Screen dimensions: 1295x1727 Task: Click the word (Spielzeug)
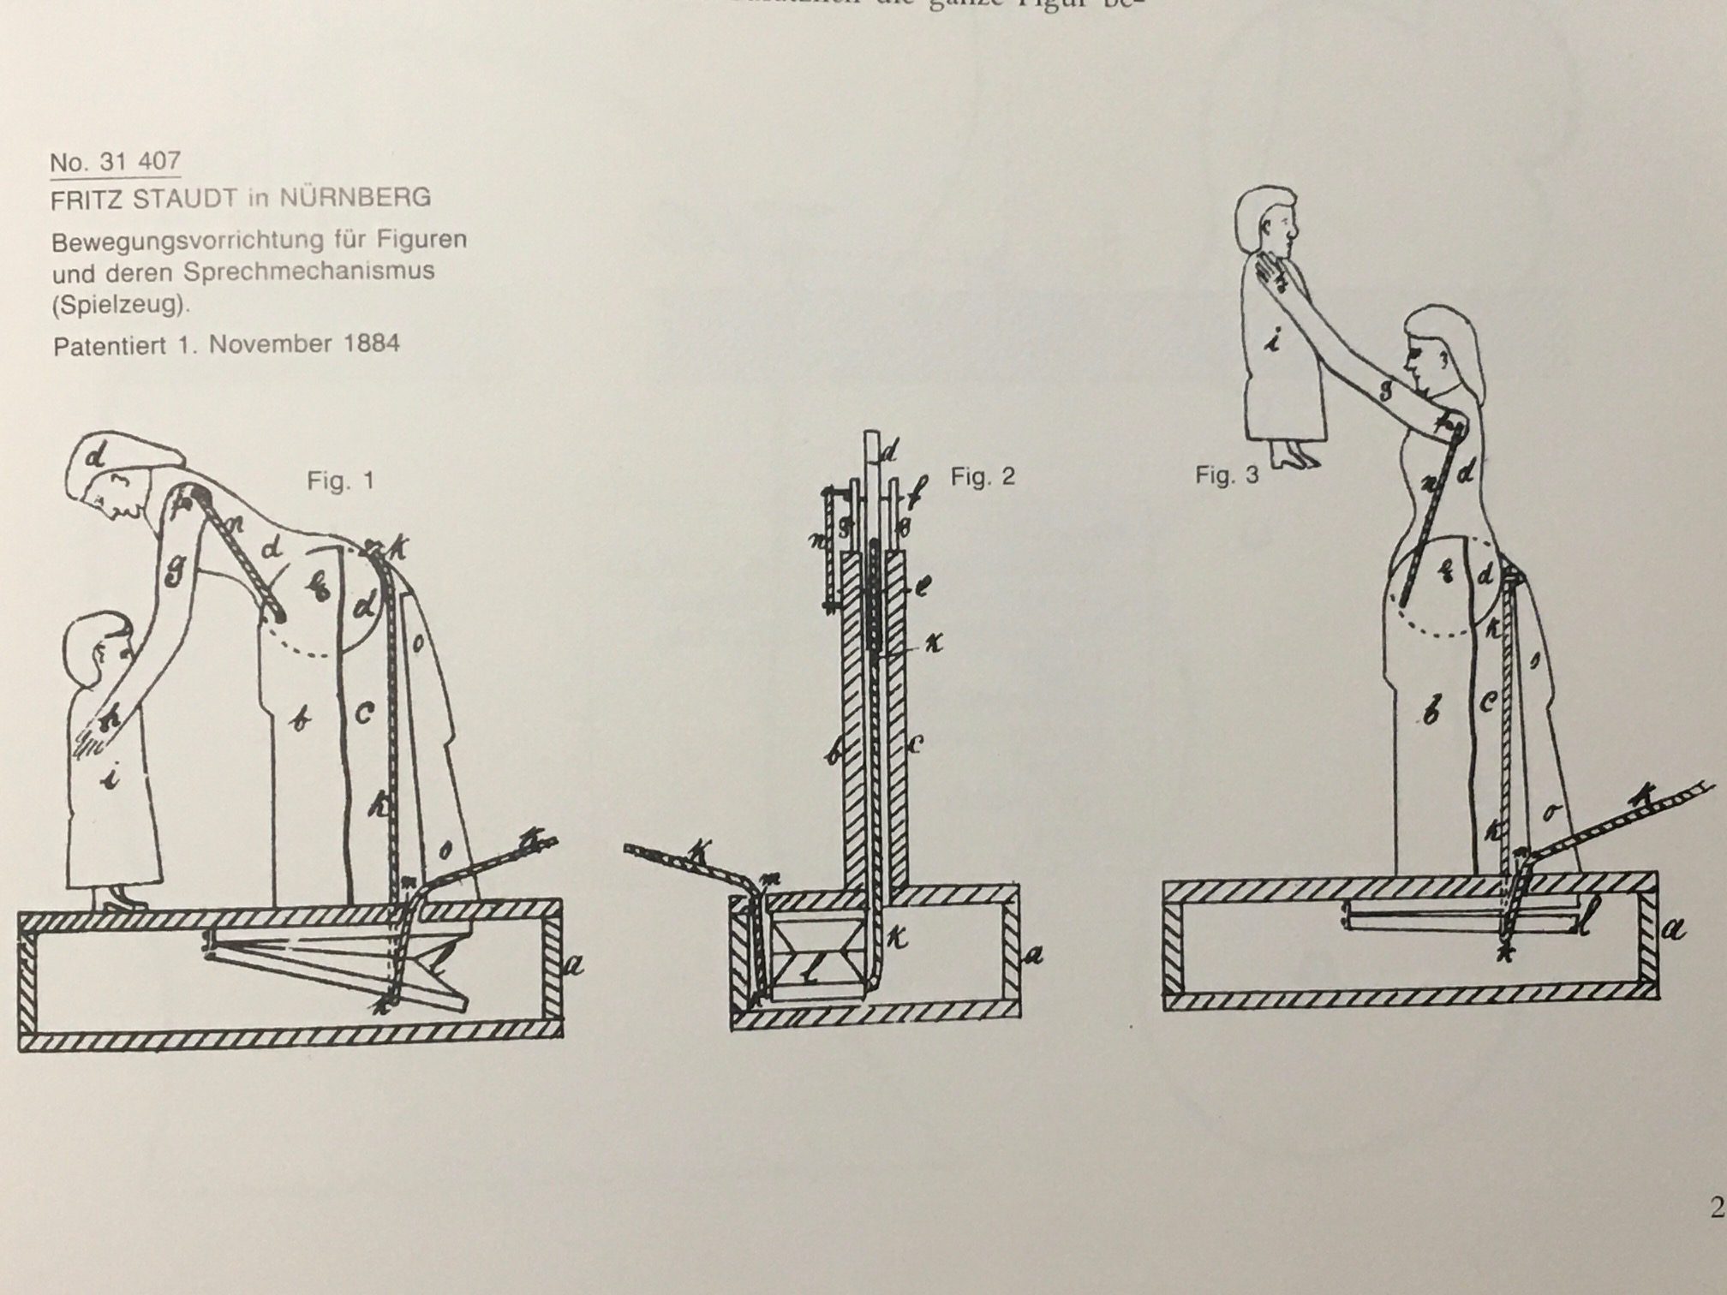point(119,304)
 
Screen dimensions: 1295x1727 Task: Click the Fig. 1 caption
point(340,480)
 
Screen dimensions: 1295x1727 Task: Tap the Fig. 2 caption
point(982,476)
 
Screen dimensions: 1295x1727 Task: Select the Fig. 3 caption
point(1227,475)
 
